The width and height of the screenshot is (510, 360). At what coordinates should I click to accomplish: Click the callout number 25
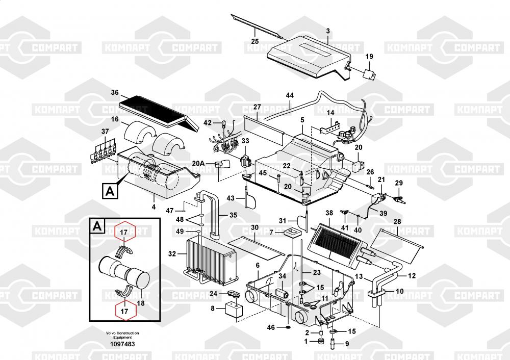click(255, 41)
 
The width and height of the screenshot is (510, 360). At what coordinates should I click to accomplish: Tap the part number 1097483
click(122, 344)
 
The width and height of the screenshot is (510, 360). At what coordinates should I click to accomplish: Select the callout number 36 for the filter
click(115, 93)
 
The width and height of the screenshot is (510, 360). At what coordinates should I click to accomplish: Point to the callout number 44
click(290, 95)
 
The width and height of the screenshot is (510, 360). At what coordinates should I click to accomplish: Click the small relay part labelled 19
click(369, 74)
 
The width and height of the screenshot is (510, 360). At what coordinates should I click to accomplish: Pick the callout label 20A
click(198, 163)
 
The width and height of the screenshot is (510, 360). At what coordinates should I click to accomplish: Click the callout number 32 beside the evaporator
click(172, 253)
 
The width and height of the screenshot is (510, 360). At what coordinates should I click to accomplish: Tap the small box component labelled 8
click(233, 308)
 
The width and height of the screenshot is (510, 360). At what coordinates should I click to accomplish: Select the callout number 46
click(271, 327)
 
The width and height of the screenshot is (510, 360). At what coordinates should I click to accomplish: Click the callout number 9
click(347, 344)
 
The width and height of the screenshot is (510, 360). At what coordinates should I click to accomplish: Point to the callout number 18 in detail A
click(141, 303)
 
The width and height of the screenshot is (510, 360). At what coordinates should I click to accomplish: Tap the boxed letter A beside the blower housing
click(110, 191)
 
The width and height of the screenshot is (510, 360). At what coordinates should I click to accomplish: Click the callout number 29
click(399, 183)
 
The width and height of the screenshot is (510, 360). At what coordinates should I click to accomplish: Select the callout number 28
click(397, 222)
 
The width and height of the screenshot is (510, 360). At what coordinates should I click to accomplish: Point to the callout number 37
click(105, 132)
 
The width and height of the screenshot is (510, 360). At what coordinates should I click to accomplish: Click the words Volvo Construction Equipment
click(122, 336)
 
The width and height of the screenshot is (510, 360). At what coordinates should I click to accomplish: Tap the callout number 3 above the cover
click(328, 31)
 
